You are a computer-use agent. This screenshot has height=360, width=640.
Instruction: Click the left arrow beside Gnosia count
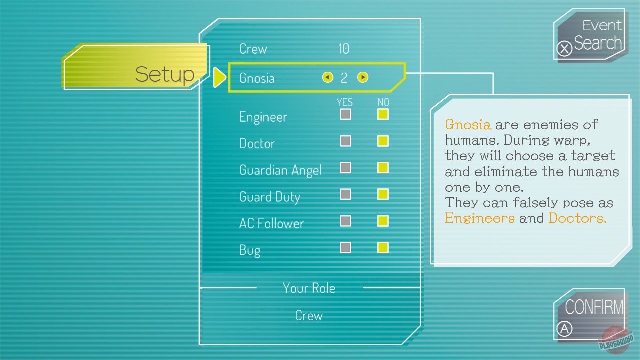(x=328, y=77)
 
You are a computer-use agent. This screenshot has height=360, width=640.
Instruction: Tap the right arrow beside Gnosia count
(x=363, y=77)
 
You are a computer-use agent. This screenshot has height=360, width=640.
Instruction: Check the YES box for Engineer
(x=345, y=114)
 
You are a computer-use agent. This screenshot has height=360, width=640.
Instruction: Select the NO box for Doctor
(x=383, y=141)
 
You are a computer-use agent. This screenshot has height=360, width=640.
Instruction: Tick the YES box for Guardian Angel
(x=345, y=168)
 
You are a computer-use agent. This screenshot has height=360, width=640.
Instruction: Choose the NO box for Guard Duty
(x=383, y=194)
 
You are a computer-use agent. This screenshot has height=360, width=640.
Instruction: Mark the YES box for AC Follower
(x=345, y=221)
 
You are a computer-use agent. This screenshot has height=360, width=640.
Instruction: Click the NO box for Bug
(x=383, y=247)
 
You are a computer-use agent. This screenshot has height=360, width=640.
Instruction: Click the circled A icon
(x=564, y=329)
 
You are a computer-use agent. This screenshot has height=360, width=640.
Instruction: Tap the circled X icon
(x=564, y=49)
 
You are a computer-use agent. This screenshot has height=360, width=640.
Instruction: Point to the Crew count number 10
(x=344, y=49)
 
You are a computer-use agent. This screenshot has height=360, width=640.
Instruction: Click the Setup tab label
(x=165, y=74)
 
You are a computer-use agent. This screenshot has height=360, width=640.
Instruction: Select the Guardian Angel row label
(x=280, y=170)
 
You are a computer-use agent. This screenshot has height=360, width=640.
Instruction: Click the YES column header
(x=345, y=102)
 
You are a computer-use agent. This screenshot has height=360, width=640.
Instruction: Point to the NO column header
(x=383, y=102)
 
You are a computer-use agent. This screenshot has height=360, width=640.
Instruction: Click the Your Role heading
(x=309, y=288)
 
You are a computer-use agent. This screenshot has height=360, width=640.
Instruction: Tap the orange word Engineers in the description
(x=479, y=218)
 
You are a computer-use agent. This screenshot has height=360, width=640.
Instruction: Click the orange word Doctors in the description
(x=577, y=218)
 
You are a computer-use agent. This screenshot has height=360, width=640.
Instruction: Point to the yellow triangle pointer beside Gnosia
(x=219, y=77)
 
